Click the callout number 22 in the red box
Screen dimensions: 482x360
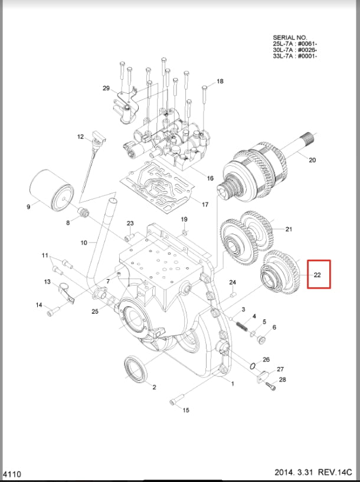317,275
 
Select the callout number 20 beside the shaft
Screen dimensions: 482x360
312,160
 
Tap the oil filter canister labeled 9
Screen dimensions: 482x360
51,189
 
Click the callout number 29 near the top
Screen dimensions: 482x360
106,88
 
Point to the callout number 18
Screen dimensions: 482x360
220,81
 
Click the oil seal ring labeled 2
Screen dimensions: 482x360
136,370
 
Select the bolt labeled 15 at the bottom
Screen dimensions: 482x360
174,402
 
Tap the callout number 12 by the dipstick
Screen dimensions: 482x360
81,137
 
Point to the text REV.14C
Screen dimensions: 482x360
335,473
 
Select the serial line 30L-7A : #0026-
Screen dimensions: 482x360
295,50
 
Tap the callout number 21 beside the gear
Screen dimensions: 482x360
289,229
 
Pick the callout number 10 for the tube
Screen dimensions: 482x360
83,242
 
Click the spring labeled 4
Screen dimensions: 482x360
241,324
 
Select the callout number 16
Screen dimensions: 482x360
210,178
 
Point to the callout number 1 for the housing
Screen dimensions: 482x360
233,383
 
